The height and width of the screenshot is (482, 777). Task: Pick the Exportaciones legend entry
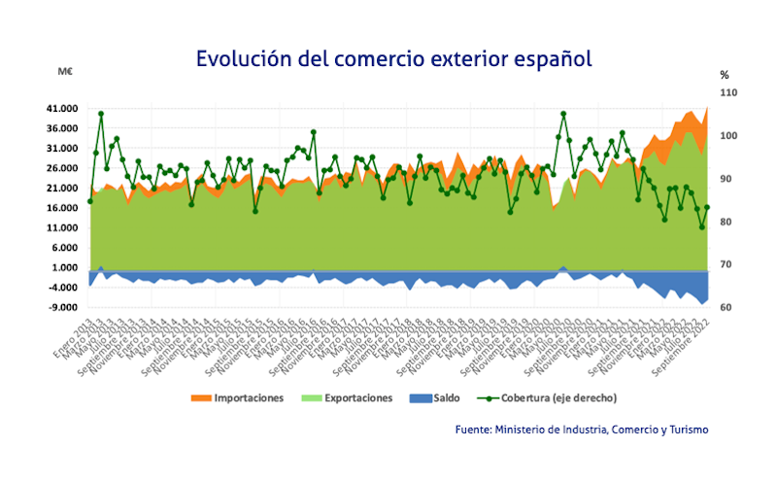pos(347,397)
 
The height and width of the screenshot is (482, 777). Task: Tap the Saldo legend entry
pos(433,397)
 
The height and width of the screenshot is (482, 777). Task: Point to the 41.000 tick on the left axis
pos(63,109)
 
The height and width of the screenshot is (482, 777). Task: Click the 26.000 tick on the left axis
pos(63,168)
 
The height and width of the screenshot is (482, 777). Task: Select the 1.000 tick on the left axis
pos(66,268)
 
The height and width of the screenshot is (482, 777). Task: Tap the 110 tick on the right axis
pos(728,93)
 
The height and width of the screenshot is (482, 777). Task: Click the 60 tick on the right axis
pos(726,308)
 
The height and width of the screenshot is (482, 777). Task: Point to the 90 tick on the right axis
pos(726,180)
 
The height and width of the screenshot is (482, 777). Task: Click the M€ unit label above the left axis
pos(66,73)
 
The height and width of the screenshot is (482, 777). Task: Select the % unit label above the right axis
pos(724,74)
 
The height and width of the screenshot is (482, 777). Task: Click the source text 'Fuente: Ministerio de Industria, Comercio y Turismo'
pos(583,429)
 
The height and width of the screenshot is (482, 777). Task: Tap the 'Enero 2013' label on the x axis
pos(74,334)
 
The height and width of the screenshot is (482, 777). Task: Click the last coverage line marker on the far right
pos(708,207)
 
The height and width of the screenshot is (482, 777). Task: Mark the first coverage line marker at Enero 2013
pos(90,201)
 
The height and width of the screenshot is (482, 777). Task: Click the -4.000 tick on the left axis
pos(64,288)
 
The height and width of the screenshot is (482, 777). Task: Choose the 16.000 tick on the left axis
pos(63,208)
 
